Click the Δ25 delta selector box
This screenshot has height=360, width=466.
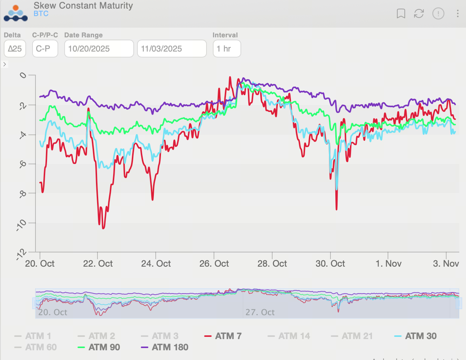pos(15,49)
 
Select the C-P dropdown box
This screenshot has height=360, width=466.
pos(45,49)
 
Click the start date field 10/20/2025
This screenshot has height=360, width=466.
pos(99,49)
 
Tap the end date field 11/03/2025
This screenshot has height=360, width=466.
pos(172,49)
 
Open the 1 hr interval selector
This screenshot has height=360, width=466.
pos(227,49)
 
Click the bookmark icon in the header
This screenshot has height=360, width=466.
pos(401,14)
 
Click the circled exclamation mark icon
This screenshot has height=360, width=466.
pos(438,14)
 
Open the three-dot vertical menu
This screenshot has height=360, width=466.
pos(457,14)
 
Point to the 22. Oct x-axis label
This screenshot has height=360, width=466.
pos(98,264)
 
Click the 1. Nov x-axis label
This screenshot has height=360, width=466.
pos(388,264)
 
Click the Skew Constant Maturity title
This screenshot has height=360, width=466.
pos(83,6)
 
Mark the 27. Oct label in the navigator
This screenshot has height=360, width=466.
pos(260,312)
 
